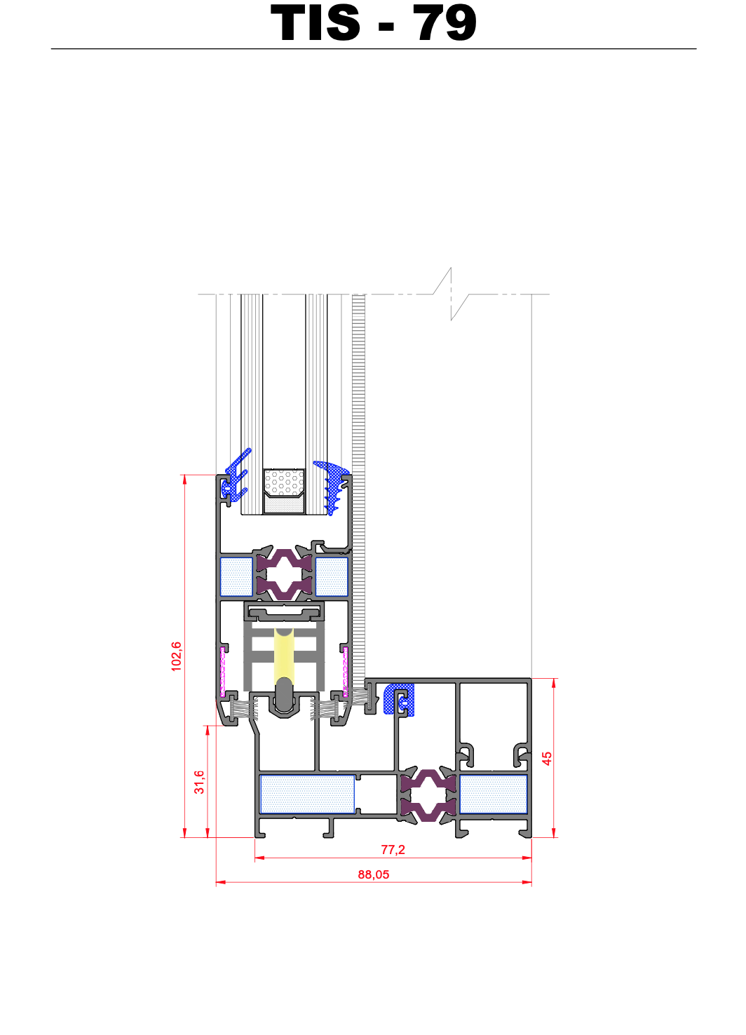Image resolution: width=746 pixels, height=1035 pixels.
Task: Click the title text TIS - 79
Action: click(373, 22)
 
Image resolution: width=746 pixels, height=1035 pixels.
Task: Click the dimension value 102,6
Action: click(177, 656)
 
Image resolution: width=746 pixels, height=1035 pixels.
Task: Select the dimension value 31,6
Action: click(199, 782)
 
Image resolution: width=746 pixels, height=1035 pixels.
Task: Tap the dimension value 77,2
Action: click(393, 849)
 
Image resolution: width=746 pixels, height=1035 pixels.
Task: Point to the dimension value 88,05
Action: click(373, 874)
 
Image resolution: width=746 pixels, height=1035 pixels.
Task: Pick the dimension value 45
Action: click(547, 758)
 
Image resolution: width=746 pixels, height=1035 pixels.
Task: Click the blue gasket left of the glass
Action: click(236, 476)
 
